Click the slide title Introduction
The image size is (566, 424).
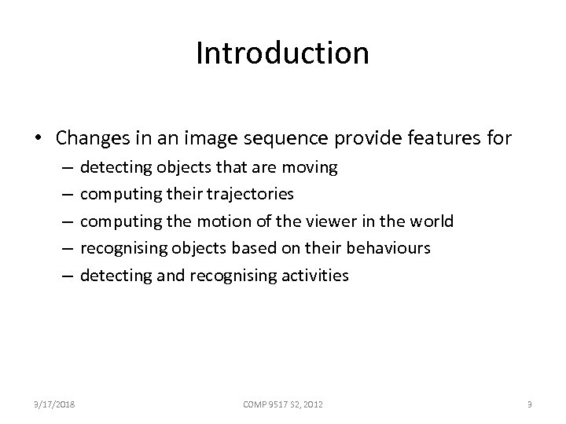point(282,53)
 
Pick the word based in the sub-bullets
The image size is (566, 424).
point(251,248)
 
